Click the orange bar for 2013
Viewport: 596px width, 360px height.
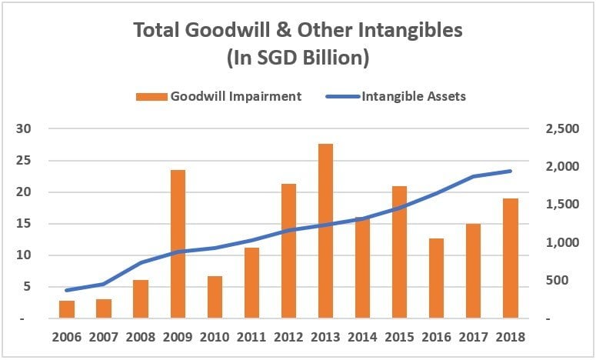325,231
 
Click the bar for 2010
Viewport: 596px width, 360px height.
215,297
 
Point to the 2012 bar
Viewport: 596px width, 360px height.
288,251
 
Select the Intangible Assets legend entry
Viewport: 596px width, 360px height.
408,97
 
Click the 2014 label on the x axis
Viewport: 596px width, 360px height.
362,338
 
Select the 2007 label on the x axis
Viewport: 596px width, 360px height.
104,338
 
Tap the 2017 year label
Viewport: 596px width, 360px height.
473,338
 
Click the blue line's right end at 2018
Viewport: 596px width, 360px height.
510,171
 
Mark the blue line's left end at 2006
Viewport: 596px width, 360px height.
67,290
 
